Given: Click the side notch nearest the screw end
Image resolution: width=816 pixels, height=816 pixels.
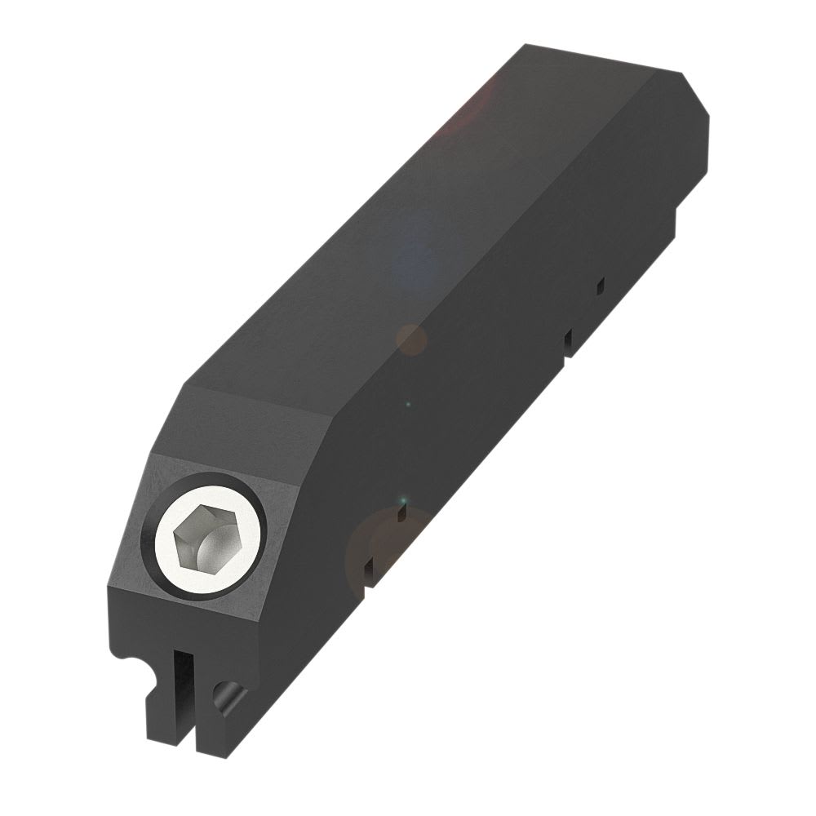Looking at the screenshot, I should click(x=370, y=571).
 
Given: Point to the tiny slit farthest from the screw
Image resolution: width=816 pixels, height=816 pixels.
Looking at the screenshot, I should click(x=601, y=285).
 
